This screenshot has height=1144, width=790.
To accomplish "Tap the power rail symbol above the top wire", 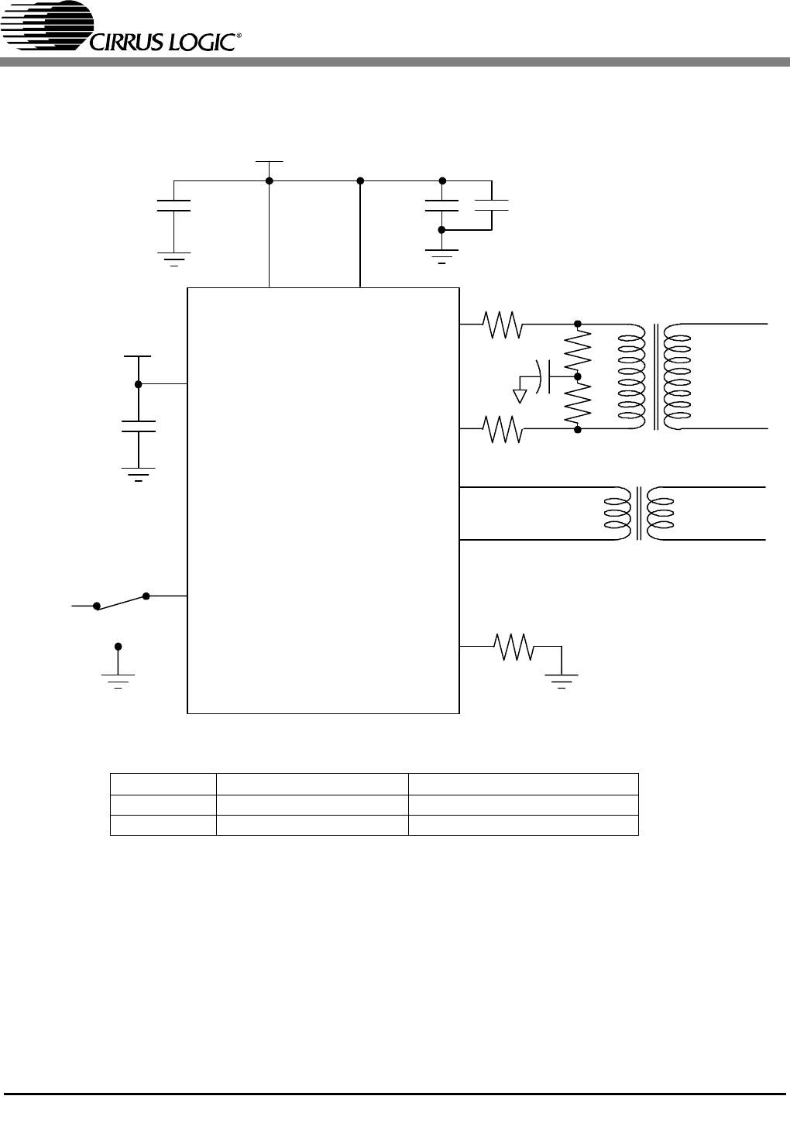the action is (269, 162).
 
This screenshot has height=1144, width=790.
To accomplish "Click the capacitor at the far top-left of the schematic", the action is (173, 205).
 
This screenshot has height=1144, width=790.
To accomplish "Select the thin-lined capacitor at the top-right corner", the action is (491, 205).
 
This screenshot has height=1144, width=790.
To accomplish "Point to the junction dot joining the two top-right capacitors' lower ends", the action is (441, 230).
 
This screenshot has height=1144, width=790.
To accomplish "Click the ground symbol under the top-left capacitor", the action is (173, 259).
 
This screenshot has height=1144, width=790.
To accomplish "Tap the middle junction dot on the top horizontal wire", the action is (360, 180).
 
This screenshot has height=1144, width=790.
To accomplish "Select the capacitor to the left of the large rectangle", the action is (139, 427).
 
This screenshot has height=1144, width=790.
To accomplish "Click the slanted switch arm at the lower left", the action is (121, 601).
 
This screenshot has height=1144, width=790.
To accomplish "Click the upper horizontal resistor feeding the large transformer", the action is (503, 325).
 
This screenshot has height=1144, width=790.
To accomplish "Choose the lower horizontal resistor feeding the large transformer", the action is (503, 429).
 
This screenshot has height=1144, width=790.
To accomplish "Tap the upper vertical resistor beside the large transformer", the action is (578, 350).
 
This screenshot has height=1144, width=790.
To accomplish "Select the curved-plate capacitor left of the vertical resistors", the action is (543, 377).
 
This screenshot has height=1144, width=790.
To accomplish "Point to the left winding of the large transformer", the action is (632, 376).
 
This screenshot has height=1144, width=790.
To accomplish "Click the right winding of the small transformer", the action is (660, 514).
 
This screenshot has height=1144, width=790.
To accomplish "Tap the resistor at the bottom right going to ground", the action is (513, 647).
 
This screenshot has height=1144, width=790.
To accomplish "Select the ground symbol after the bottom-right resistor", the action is (562, 682).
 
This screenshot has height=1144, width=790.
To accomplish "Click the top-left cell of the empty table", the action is (163, 784).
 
